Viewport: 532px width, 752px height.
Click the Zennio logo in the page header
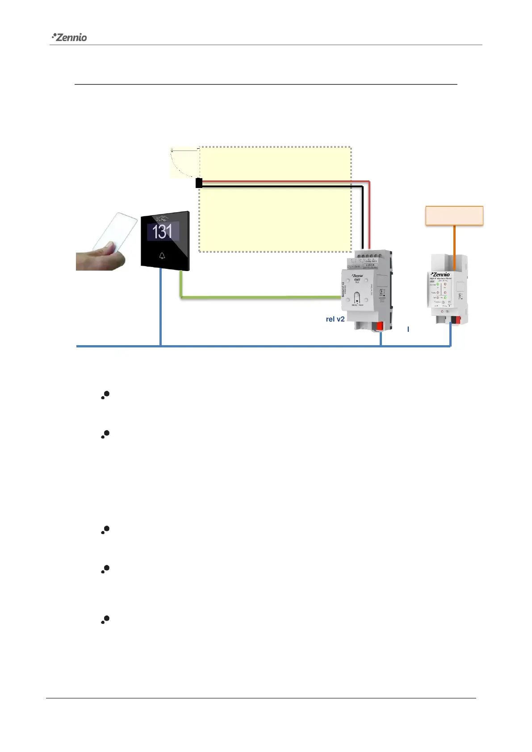point(70,37)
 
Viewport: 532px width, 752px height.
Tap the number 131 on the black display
point(162,232)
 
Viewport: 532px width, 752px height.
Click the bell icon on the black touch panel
point(162,256)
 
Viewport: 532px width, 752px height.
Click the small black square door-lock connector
point(199,183)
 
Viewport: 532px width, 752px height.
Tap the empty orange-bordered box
point(454,216)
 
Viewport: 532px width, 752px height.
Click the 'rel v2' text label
point(335,319)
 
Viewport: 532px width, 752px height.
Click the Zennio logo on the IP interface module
point(441,274)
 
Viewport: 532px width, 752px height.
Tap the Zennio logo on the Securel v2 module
point(357,276)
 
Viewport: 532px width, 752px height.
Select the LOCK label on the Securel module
point(370,265)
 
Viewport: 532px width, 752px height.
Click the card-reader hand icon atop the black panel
point(163,218)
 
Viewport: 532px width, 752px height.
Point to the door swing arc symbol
point(183,163)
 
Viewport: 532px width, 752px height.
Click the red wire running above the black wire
point(286,182)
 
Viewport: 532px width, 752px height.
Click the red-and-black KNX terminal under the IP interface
point(456,320)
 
